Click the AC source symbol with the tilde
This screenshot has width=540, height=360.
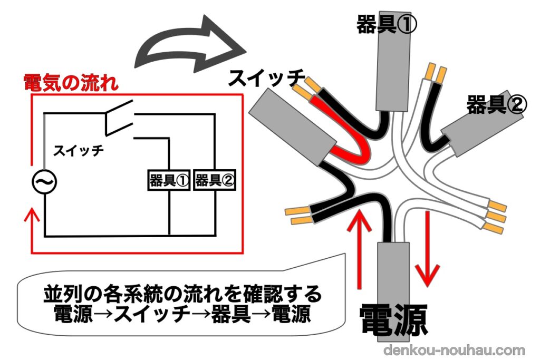coord(44,182)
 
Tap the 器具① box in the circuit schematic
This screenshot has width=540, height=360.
coord(169,180)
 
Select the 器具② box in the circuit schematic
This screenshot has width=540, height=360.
coord(215,180)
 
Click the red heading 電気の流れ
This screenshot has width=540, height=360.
coord(71,83)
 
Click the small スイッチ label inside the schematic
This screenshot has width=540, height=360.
coord(79,150)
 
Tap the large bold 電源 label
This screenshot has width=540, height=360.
coord(393,320)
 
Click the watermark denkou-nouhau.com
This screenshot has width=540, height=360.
coord(454,350)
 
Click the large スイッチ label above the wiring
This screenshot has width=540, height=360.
coord(266,78)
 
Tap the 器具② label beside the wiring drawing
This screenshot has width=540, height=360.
coord(496,104)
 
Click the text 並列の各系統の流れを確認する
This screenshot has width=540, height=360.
coord(182,294)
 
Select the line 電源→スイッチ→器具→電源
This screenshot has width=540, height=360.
coord(182,314)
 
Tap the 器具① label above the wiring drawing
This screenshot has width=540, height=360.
coord(387,24)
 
